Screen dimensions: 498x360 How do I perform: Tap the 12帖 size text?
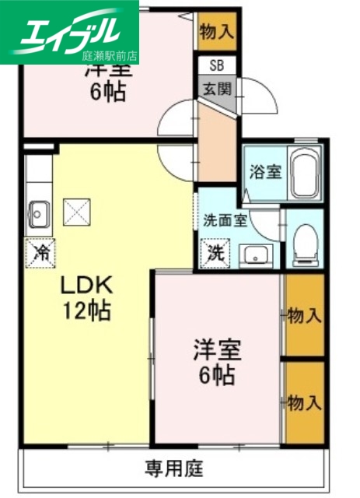[86, 311]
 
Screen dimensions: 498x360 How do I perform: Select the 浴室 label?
[265, 173]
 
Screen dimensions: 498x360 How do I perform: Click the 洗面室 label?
[225, 220]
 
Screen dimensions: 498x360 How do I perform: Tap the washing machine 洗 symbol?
[213, 252]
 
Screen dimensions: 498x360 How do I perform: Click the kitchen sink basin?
[38, 211]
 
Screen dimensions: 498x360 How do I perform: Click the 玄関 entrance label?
[218, 88]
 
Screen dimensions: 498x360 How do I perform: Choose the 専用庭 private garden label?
[174, 468]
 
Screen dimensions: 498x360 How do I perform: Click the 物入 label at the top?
[215, 32]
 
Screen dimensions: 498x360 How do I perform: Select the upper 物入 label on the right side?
[304, 316]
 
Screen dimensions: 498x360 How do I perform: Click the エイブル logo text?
[73, 31]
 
